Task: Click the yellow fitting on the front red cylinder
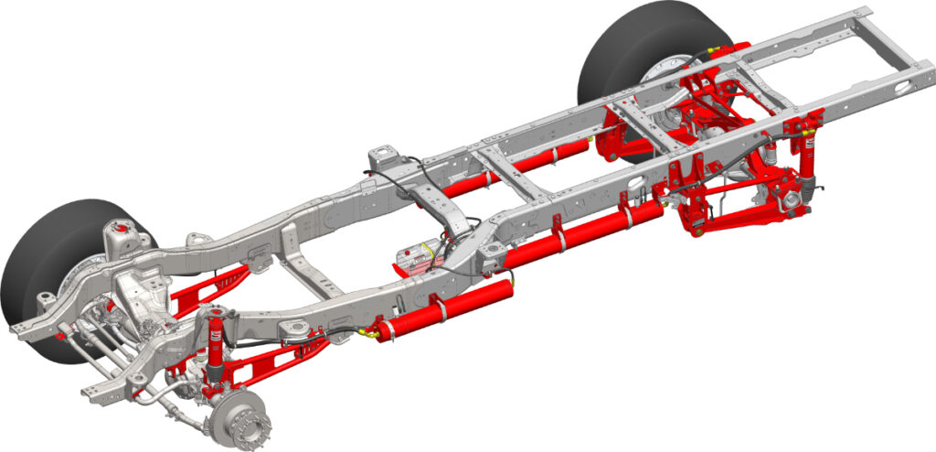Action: point(368,335)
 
